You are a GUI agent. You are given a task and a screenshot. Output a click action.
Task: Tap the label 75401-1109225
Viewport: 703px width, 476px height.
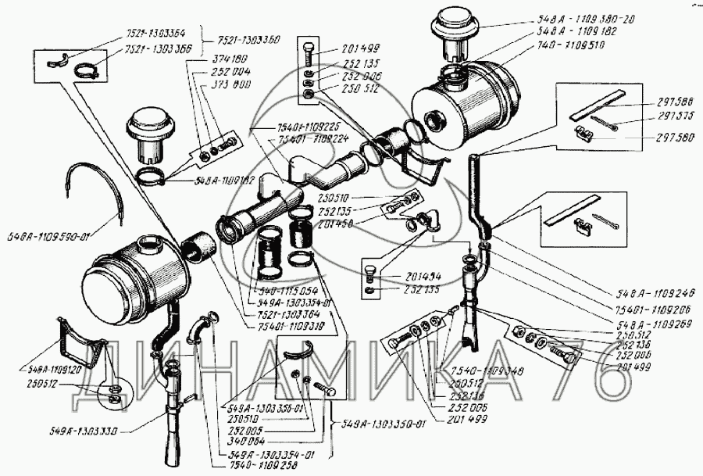point(283,126)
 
